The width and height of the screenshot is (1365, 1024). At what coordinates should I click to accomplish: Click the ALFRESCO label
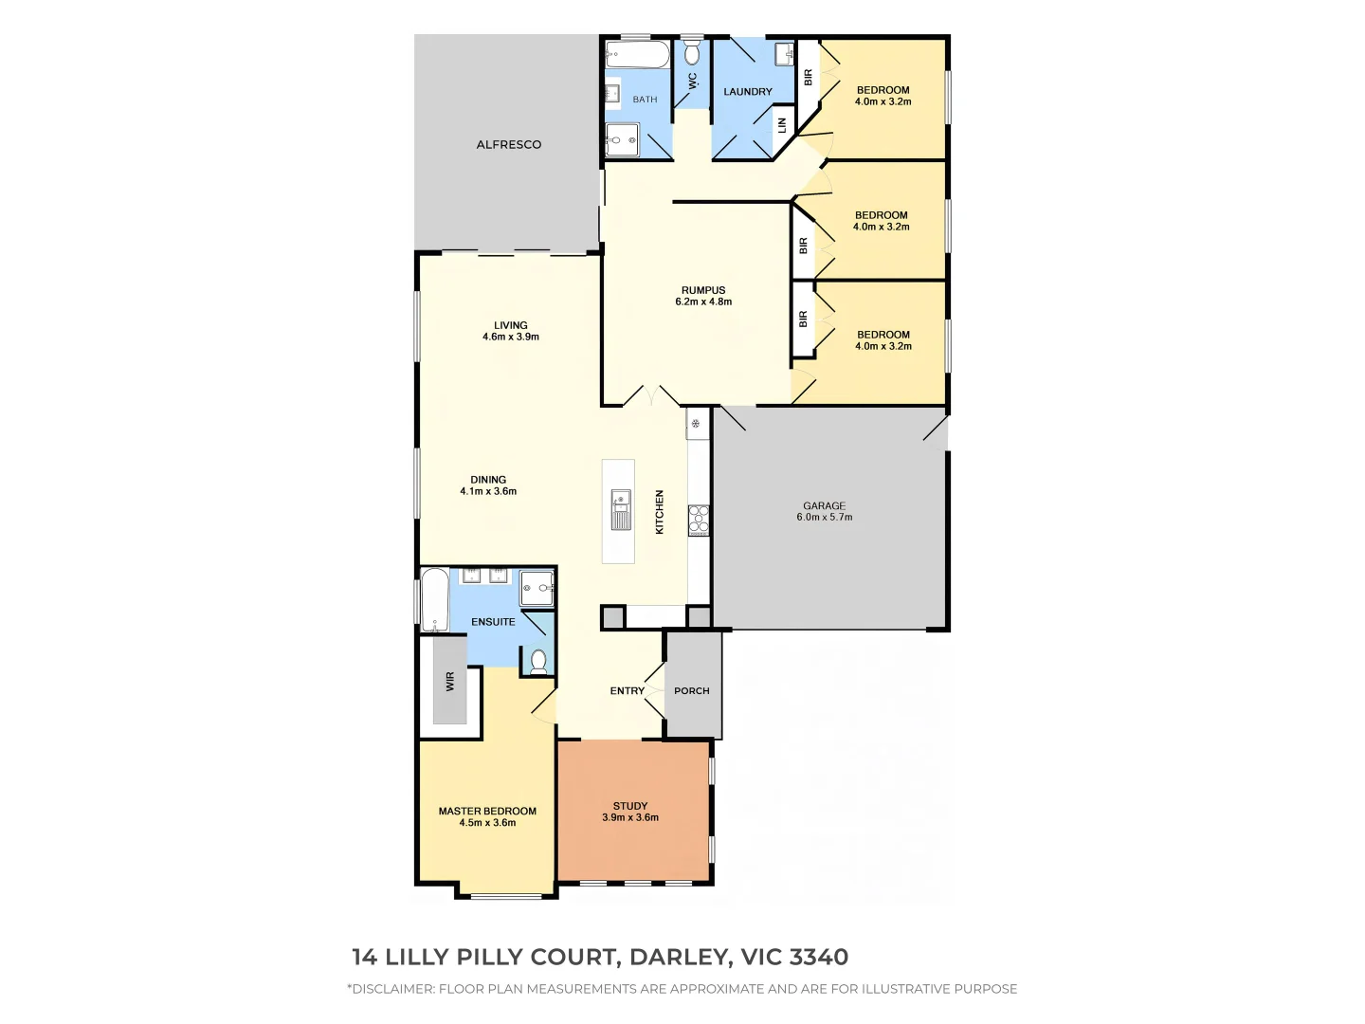click(508, 145)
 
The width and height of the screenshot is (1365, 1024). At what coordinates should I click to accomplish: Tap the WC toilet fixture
click(692, 48)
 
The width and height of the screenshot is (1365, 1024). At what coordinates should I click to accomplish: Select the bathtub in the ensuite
click(435, 600)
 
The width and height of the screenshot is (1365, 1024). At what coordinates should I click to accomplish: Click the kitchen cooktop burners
click(699, 520)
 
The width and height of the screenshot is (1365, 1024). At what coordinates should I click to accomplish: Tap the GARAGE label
click(824, 506)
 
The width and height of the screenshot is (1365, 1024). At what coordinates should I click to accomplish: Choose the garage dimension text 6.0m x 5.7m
click(824, 518)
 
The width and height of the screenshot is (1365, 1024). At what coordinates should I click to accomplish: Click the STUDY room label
click(630, 806)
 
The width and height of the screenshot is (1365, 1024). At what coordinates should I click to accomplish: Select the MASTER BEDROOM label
click(487, 812)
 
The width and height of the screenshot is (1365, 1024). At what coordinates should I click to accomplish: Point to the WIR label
click(450, 681)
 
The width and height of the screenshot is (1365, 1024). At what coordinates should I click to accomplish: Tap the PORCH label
click(692, 691)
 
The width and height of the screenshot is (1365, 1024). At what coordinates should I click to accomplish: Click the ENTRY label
click(627, 691)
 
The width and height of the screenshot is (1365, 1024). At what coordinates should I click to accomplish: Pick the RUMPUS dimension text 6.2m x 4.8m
click(703, 302)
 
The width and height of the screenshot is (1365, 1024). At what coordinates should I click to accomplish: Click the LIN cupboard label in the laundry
click(783, 123)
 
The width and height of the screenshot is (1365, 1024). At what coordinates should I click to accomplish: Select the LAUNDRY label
click(748, 92)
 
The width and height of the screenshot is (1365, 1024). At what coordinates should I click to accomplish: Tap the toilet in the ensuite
click(538, 660)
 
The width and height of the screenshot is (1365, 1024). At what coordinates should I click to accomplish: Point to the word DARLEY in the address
click(680, 958)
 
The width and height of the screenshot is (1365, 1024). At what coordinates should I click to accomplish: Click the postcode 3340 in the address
click(819, 958)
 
